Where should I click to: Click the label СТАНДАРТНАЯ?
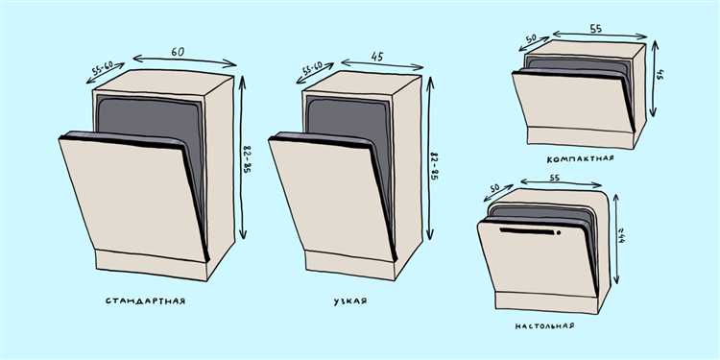[145, 301]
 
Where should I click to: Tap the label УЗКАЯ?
[350, 301]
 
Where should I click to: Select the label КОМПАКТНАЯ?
[581, 158]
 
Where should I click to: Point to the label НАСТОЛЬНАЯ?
[544, 326]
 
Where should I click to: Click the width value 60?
[178, 52]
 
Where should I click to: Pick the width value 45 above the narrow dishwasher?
[377, 57]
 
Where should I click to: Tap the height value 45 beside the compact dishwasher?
[660, 75]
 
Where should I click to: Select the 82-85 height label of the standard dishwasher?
[248, 160]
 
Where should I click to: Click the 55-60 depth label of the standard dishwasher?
[103, 68]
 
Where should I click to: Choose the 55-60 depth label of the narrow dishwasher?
[312, 69]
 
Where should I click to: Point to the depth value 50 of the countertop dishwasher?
[494, 189]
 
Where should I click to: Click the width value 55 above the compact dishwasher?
[595, 29]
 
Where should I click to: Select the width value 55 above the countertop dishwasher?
[555, 178]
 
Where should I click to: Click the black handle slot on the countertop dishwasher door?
[527, 231]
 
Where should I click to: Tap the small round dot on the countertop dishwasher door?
[559, 233]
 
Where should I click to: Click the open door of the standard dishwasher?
[133, 198]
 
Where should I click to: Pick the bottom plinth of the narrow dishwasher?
[350, 265]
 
